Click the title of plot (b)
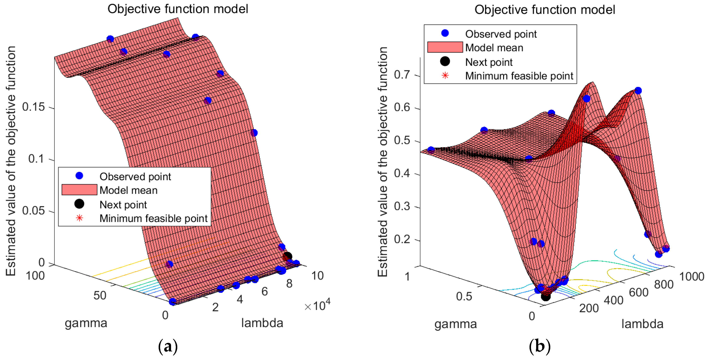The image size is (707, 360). [545, 10]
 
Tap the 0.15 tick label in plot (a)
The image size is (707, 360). [33, 107]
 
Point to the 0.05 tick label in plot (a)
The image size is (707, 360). [33, 211]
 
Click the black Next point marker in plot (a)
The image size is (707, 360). [287, 256]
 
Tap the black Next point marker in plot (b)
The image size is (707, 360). [545, 296]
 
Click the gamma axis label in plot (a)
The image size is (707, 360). [86, 323]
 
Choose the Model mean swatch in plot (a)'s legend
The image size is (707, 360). [79, 190]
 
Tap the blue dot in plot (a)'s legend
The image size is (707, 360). [79, 176]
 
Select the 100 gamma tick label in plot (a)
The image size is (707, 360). [35, 276]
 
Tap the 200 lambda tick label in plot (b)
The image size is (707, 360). [589, 308]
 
